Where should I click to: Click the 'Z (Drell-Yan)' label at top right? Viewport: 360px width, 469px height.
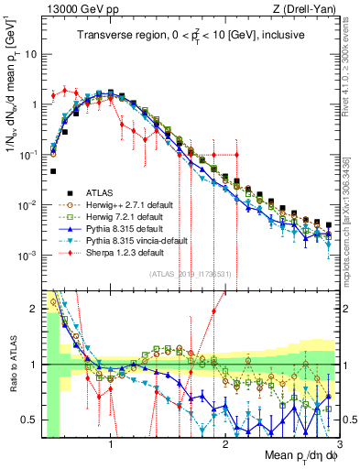306,9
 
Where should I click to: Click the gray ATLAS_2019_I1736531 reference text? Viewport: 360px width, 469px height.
189,274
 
